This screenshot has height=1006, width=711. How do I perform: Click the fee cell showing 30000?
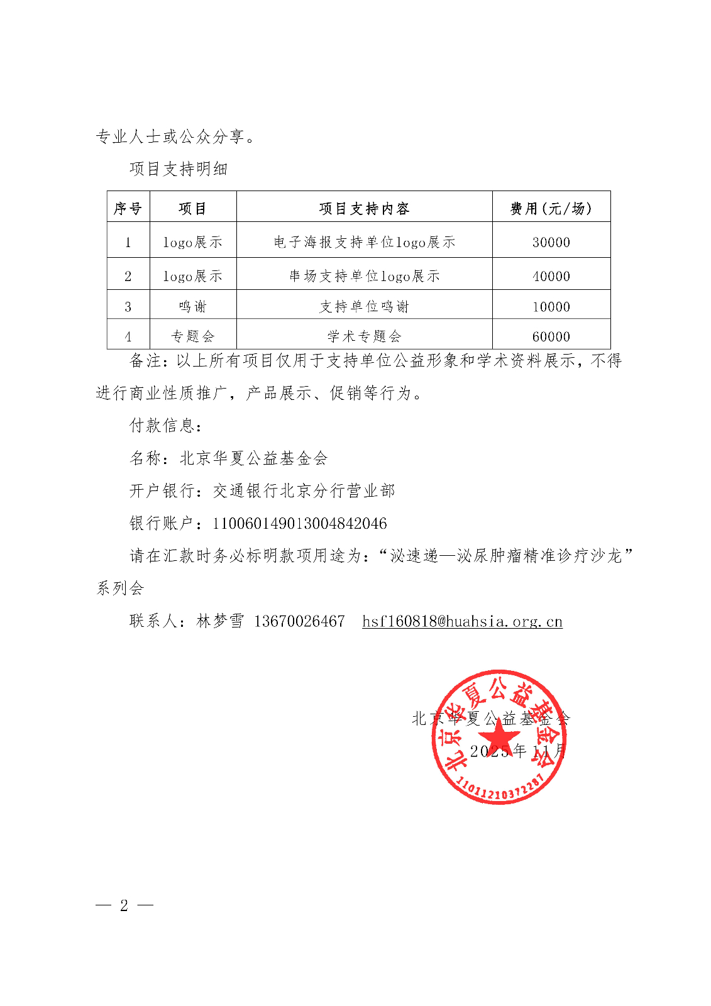tap(551, 242)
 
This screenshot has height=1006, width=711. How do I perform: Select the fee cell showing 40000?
tap(551, 276)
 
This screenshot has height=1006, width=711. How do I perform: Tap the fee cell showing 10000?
tap(551, 307)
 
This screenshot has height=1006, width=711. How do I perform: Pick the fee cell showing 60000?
tap(551, 336)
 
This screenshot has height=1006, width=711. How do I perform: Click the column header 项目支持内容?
tap(364, 209)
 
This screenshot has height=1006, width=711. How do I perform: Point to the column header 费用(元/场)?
tap(551, 209)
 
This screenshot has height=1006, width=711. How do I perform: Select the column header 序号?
tap(128, 209)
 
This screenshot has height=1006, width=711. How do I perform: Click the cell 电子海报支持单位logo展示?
tap(364, 242)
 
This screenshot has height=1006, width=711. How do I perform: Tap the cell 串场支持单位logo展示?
tap(364, 276)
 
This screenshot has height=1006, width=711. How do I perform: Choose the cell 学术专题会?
tap(364, 336)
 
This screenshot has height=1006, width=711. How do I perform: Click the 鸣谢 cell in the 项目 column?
tap(192, 307)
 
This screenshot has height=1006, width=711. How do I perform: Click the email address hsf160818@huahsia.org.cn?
tap(462, 622)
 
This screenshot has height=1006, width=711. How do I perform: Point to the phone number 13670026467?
tap(299, 622)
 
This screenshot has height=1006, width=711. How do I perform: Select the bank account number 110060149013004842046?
tap(300, 524)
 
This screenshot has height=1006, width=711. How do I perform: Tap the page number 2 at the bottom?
tap(124, 905)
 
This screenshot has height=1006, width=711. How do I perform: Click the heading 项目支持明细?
tap(179, 169)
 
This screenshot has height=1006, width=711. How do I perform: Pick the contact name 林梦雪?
tap(220, 622)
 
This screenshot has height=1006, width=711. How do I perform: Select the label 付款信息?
tap(165, 426)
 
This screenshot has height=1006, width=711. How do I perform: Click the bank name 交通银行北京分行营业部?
tap(304, 491)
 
